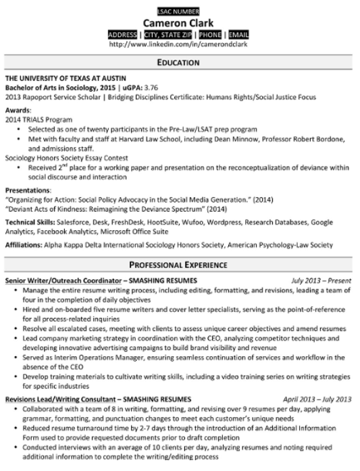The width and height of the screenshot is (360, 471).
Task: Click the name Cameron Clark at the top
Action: pyautogui.click(x=179, y=22)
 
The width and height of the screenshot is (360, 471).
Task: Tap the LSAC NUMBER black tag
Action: pyautogui.click(x=179, y=11)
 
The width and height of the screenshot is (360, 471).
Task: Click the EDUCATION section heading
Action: pyautogui.click(x=179, y=63)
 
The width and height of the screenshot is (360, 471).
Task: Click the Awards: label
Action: pyautogui.click(x=18, y=109)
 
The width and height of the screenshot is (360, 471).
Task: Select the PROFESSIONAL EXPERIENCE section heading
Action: pyautogui.click(x=179, y=264)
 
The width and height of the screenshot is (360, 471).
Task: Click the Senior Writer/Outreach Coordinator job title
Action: pyautogui.click(x=63, y=279)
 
